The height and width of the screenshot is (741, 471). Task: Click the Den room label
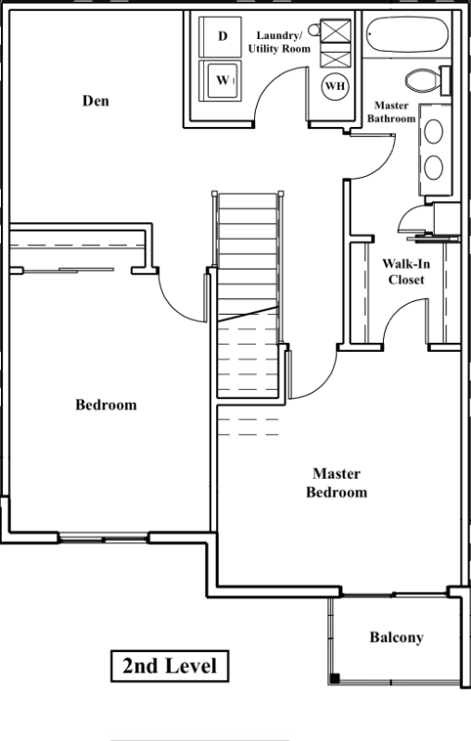(95, 101)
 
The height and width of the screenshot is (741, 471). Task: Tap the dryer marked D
(221, 37)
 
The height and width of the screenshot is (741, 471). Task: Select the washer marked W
(221, 81)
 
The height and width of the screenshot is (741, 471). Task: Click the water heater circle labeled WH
(335, 86)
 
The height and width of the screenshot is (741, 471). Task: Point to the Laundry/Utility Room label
(279, 42)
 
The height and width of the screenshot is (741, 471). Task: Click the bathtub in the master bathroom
(407, 35)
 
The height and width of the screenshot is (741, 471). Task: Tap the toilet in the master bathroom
(427, 81)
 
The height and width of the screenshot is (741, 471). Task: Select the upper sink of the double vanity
(434, 132)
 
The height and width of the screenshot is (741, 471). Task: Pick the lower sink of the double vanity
(434, 168)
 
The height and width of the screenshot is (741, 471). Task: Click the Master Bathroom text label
(391, 112)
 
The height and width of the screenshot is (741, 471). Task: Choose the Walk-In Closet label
(406, 271)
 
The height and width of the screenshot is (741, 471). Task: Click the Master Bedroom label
(337, 483)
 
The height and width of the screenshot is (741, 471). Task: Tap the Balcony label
(396, 637)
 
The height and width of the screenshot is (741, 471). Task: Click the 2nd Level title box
(170, 666)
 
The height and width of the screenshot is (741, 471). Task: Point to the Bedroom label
(106, 405)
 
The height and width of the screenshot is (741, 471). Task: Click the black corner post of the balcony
(335, 679)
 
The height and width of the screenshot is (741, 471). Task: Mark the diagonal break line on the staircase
(248, 314)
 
